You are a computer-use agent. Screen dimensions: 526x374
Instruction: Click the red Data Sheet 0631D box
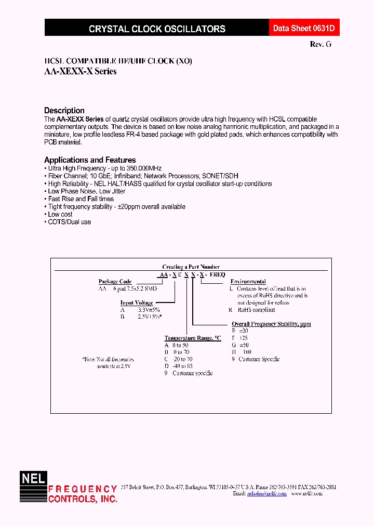tap(300, 29)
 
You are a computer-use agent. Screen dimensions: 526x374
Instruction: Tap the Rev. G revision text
tap(320, 45)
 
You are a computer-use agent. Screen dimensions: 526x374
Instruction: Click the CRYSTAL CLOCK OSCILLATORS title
tap(157, 29)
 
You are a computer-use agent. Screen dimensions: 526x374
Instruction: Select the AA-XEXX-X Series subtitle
tap(80, 72)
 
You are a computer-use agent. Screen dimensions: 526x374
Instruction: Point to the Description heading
tap(64, 110)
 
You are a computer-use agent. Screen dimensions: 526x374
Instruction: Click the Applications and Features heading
tap(90, 160)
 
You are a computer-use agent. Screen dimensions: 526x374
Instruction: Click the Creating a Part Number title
tap(191, 267)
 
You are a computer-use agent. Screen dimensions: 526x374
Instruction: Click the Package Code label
tap(115, 282)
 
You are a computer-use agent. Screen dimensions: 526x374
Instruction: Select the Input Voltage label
tap(137, 303)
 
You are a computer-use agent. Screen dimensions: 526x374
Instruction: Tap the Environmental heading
tap(248, 282)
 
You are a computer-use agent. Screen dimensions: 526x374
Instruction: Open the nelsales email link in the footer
tap(266, 494)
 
